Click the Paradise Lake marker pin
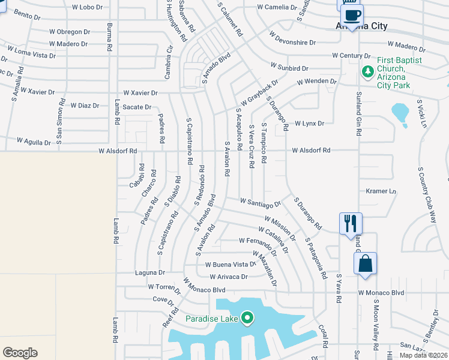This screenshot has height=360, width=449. (247, 318)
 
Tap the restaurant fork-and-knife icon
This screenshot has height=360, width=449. (349, 223)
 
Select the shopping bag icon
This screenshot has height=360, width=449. (365, 263)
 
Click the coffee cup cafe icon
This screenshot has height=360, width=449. (352, 14)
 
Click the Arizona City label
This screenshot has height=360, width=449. (361, 26)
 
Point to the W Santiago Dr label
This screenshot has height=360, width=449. (260, 202)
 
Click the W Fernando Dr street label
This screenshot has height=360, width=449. (258, 241)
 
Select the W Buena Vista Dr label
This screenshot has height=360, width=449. (231, 264)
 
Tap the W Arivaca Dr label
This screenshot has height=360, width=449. (228, 277)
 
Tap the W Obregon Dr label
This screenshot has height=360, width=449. (70, 32)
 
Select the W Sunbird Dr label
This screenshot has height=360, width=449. (289, 68)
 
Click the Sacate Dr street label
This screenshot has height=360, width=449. (137, 107)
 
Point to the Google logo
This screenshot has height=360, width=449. (20, 353)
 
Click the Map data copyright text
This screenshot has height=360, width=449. (423, 355)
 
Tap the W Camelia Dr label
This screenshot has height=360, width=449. (277, 7)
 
